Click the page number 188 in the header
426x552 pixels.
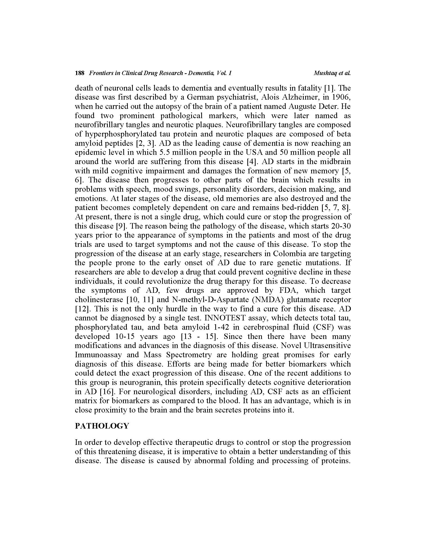pos(79,73)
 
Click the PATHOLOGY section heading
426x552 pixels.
pos(102,426)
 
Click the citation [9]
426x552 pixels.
pos(121,226)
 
